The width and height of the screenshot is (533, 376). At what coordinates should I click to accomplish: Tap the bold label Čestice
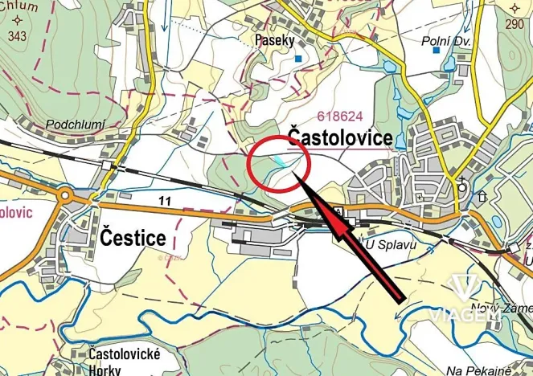(x=133, y=237)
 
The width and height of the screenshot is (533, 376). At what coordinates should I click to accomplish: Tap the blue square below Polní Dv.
(x=437, y=51)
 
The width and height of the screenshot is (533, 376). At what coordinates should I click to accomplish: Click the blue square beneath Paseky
(x=297, y=59)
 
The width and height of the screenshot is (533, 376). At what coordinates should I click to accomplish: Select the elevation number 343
(x=17, y=36)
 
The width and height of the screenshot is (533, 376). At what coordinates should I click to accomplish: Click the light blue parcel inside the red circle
(x=277, y=161)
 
